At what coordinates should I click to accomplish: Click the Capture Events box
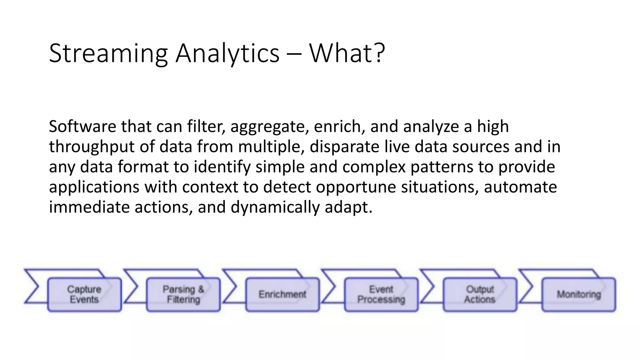point(84,294)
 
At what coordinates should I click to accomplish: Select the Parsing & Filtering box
point(183,294)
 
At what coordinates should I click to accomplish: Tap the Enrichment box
point(282,294)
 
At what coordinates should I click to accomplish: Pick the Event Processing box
point(381,294)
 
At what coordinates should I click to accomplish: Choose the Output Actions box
point(480,294)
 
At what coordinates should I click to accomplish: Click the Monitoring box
point(579,294)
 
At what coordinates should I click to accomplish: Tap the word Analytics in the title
point(227,54)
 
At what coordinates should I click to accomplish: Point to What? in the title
point(347,54)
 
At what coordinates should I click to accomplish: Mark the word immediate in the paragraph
point(89,207)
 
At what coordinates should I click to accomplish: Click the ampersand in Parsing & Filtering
point(201,289)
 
